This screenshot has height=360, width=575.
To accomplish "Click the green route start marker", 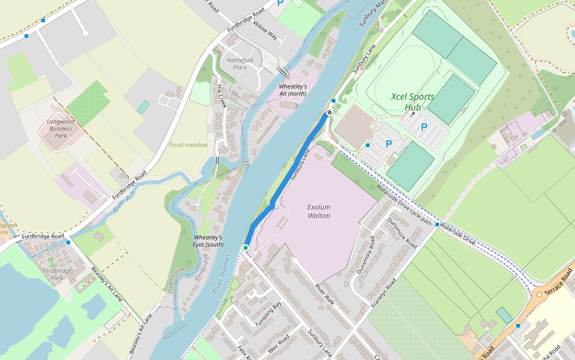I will (246, 248).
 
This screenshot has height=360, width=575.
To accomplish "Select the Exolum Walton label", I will (319, 211).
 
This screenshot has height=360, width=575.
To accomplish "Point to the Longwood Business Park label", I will (59, 128).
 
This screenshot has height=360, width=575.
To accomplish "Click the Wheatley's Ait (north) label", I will (293, 90).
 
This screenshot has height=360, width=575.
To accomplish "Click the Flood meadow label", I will (188, 145).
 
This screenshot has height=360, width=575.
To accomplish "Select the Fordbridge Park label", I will (57, 274).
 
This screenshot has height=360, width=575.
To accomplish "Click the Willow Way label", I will (265, 30).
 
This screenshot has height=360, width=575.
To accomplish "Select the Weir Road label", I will (280, 345).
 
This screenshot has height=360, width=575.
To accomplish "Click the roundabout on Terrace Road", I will (539, 295).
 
